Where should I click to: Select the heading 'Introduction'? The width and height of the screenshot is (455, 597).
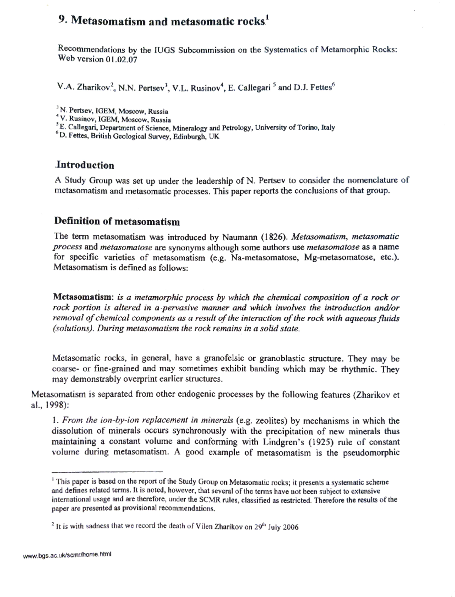[85, 165]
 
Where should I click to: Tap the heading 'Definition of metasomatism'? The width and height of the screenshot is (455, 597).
[117, 221]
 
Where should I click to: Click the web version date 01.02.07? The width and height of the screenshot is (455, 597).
[121, 60]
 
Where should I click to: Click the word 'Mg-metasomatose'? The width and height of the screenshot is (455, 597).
[339, 258]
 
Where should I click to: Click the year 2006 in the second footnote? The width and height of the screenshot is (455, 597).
[290, 527]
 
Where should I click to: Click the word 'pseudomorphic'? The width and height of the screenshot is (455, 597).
[371, 452]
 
